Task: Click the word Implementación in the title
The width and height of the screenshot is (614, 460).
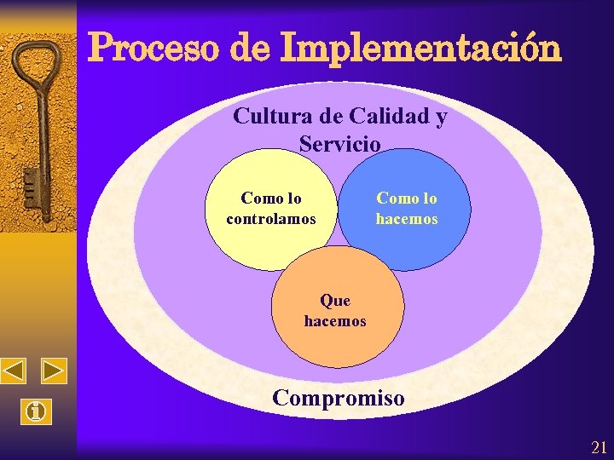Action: pos(420,49)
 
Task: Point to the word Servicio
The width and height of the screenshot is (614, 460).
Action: pos(339,144)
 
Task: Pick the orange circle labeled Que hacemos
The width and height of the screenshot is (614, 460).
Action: pos(337,341)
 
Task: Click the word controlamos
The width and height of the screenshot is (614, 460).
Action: pos(271,219)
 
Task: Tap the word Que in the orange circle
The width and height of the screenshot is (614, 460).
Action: pos(335,301)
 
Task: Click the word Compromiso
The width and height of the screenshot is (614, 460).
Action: pos(338,397)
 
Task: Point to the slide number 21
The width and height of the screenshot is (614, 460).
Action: pos(599,448)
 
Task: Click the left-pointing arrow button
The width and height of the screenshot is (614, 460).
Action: pos(14,371)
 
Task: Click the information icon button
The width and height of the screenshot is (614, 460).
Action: pos(36,413)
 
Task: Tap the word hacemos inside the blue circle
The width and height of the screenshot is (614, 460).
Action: pos(407,219)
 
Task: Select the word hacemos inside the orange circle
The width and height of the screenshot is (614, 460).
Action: pos(335,321)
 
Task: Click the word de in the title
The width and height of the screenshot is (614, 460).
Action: pos(249,49)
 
